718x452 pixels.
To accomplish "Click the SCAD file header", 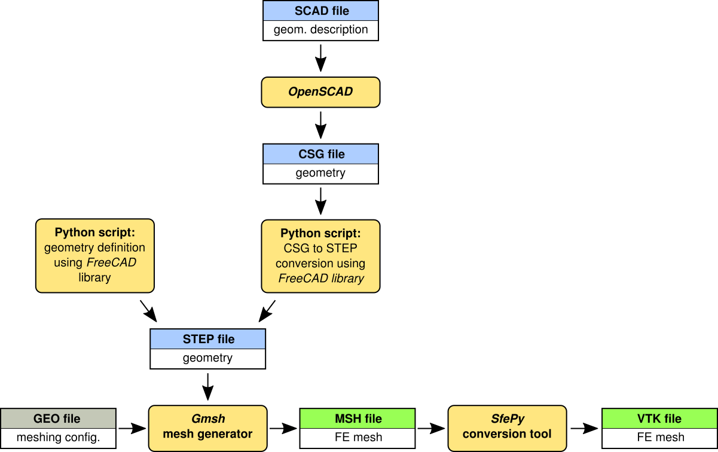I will [321, 11].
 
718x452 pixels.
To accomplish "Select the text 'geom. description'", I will [321, 30].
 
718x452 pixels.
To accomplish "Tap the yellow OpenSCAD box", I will [321, 92].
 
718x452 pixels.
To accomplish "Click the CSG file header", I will [321, 154].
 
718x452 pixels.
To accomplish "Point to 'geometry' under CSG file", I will [321, 173].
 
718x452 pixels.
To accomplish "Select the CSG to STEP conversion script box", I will [321, 256].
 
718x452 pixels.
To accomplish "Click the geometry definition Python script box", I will [95, 255].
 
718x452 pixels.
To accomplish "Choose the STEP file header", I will [208, 339].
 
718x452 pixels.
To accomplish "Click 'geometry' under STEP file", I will [208, 358].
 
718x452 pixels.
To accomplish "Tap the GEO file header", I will [57, 419].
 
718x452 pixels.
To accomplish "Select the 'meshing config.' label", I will [57, 438].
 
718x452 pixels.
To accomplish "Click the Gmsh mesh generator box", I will [208, 426].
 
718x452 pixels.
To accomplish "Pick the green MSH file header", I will [358, 419].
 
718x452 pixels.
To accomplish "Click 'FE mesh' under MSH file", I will [358, 438].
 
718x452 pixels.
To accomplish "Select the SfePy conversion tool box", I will [508, 426].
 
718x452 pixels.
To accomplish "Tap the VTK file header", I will [659, 419].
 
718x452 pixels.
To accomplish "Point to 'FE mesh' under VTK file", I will [659, 438].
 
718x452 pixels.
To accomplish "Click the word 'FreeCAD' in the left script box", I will [112, 262].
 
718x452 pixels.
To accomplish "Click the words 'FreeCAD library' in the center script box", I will [321, 278].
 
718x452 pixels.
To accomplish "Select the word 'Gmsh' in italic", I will [208, 419].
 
